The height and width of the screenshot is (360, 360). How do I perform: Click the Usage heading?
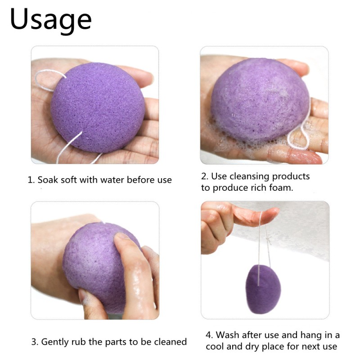(x=50, y=20)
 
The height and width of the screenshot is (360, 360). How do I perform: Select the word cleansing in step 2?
(x=247, y=176)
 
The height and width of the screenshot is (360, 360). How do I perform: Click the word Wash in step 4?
(x=228, y=335)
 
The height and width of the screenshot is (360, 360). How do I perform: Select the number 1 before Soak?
(x=30, y=180)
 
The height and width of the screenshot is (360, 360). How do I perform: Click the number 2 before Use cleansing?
(x=203, y=176)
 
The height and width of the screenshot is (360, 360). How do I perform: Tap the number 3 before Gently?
(x=34, y=342)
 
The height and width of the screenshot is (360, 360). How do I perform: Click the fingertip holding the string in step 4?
(x=269, y=212)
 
